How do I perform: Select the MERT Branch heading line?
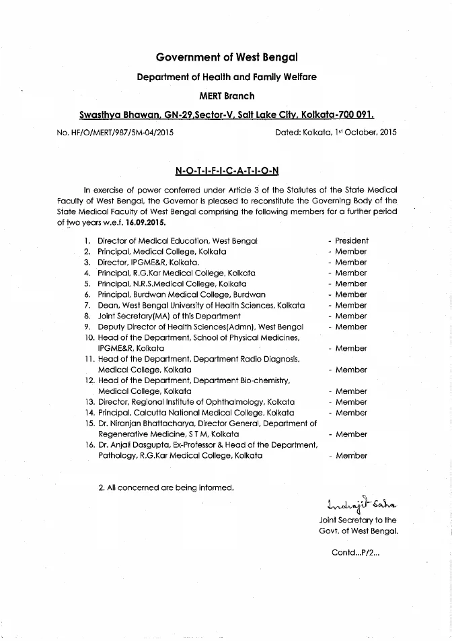227,96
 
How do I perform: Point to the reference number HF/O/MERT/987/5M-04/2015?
116,133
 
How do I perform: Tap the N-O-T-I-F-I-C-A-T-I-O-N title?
226,170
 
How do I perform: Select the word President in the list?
351,240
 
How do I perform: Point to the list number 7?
87,305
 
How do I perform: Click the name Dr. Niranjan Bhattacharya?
149,424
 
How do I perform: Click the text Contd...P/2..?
356,553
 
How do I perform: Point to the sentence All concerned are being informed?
166,487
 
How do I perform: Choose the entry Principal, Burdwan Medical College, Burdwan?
182,294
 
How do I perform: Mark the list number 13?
89,402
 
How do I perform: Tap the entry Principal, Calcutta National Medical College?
196,413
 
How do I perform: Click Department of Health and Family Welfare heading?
227,77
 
